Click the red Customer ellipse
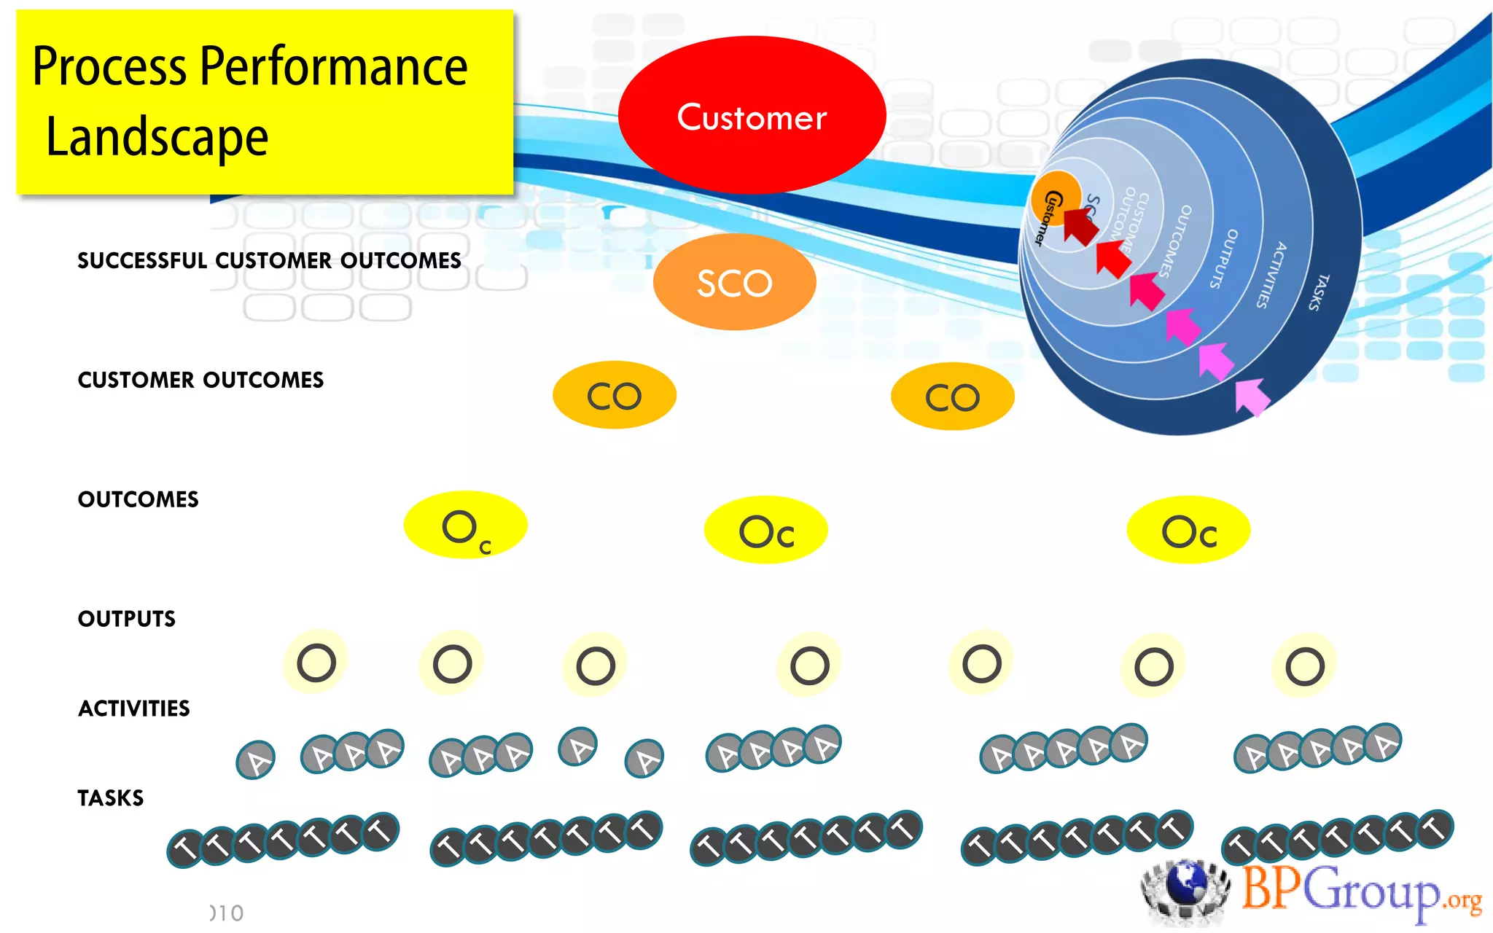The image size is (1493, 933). click(x=752, y=115)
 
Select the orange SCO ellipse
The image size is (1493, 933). click(x=734, y=282)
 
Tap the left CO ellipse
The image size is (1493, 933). click(x=614, y=395)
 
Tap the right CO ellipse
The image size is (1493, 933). click(x=952, y=397)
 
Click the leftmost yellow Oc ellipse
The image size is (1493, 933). click(x=465, y=526)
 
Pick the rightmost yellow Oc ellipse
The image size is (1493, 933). click(x=1188, y=530)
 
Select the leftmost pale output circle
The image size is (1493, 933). click(x=316, y=662)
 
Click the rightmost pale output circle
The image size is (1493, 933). click(x=1304, y=665)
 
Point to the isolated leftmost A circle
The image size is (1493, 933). click(x=256, y=760)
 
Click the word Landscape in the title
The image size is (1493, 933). click(x=157, y=138)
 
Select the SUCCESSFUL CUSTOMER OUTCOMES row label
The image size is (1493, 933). click(x=269, y=260)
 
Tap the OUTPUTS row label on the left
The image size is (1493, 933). click(x=127, y=619)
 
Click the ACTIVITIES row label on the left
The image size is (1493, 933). click(x=134, y=708)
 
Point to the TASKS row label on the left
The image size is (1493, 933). click(x=111, y=798)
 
